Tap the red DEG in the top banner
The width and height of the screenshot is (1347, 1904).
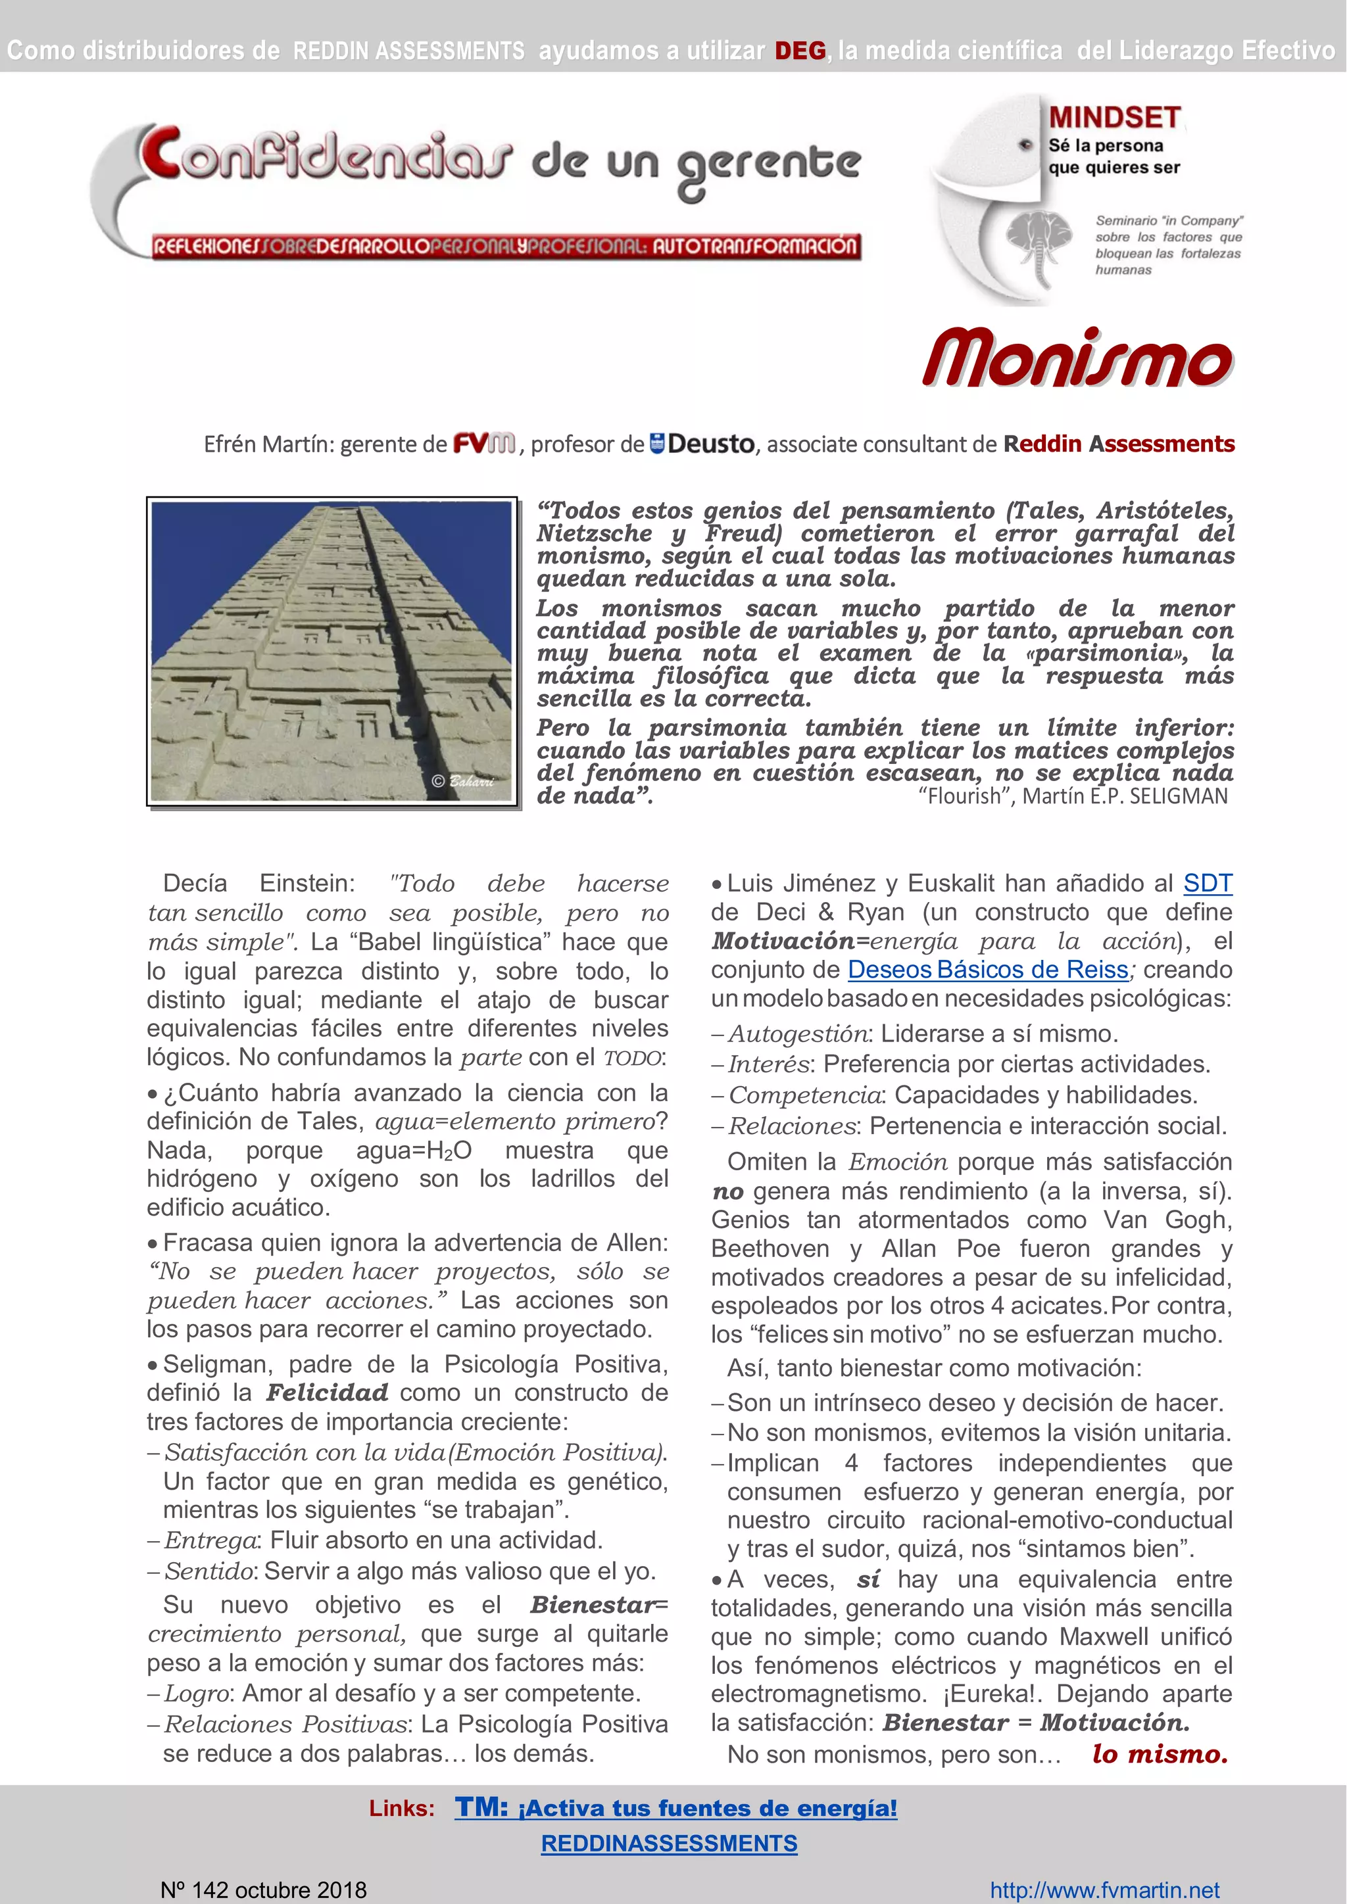tap(800, 51)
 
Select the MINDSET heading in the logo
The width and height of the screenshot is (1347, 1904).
tap(1114, 118)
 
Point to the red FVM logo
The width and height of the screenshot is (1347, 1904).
tap(484, 444)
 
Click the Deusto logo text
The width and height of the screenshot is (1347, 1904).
tap(709, 444)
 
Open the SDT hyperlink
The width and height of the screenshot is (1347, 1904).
tap(1207, 883)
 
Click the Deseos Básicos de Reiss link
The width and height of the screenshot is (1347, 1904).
tap(987, 969)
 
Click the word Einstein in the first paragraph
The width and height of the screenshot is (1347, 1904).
tap(307, 883)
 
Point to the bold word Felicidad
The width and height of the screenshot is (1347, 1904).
tap(327, 1392)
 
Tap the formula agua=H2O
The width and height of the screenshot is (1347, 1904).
tap(413, 1150)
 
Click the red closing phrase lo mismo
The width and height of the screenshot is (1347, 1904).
tap(1160, 1754)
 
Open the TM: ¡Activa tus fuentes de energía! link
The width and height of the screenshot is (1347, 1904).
tap(675, 1808)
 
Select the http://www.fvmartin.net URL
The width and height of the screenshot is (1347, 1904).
tap(1104, 1890)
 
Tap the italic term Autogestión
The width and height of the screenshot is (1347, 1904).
tap(798, 1034)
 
